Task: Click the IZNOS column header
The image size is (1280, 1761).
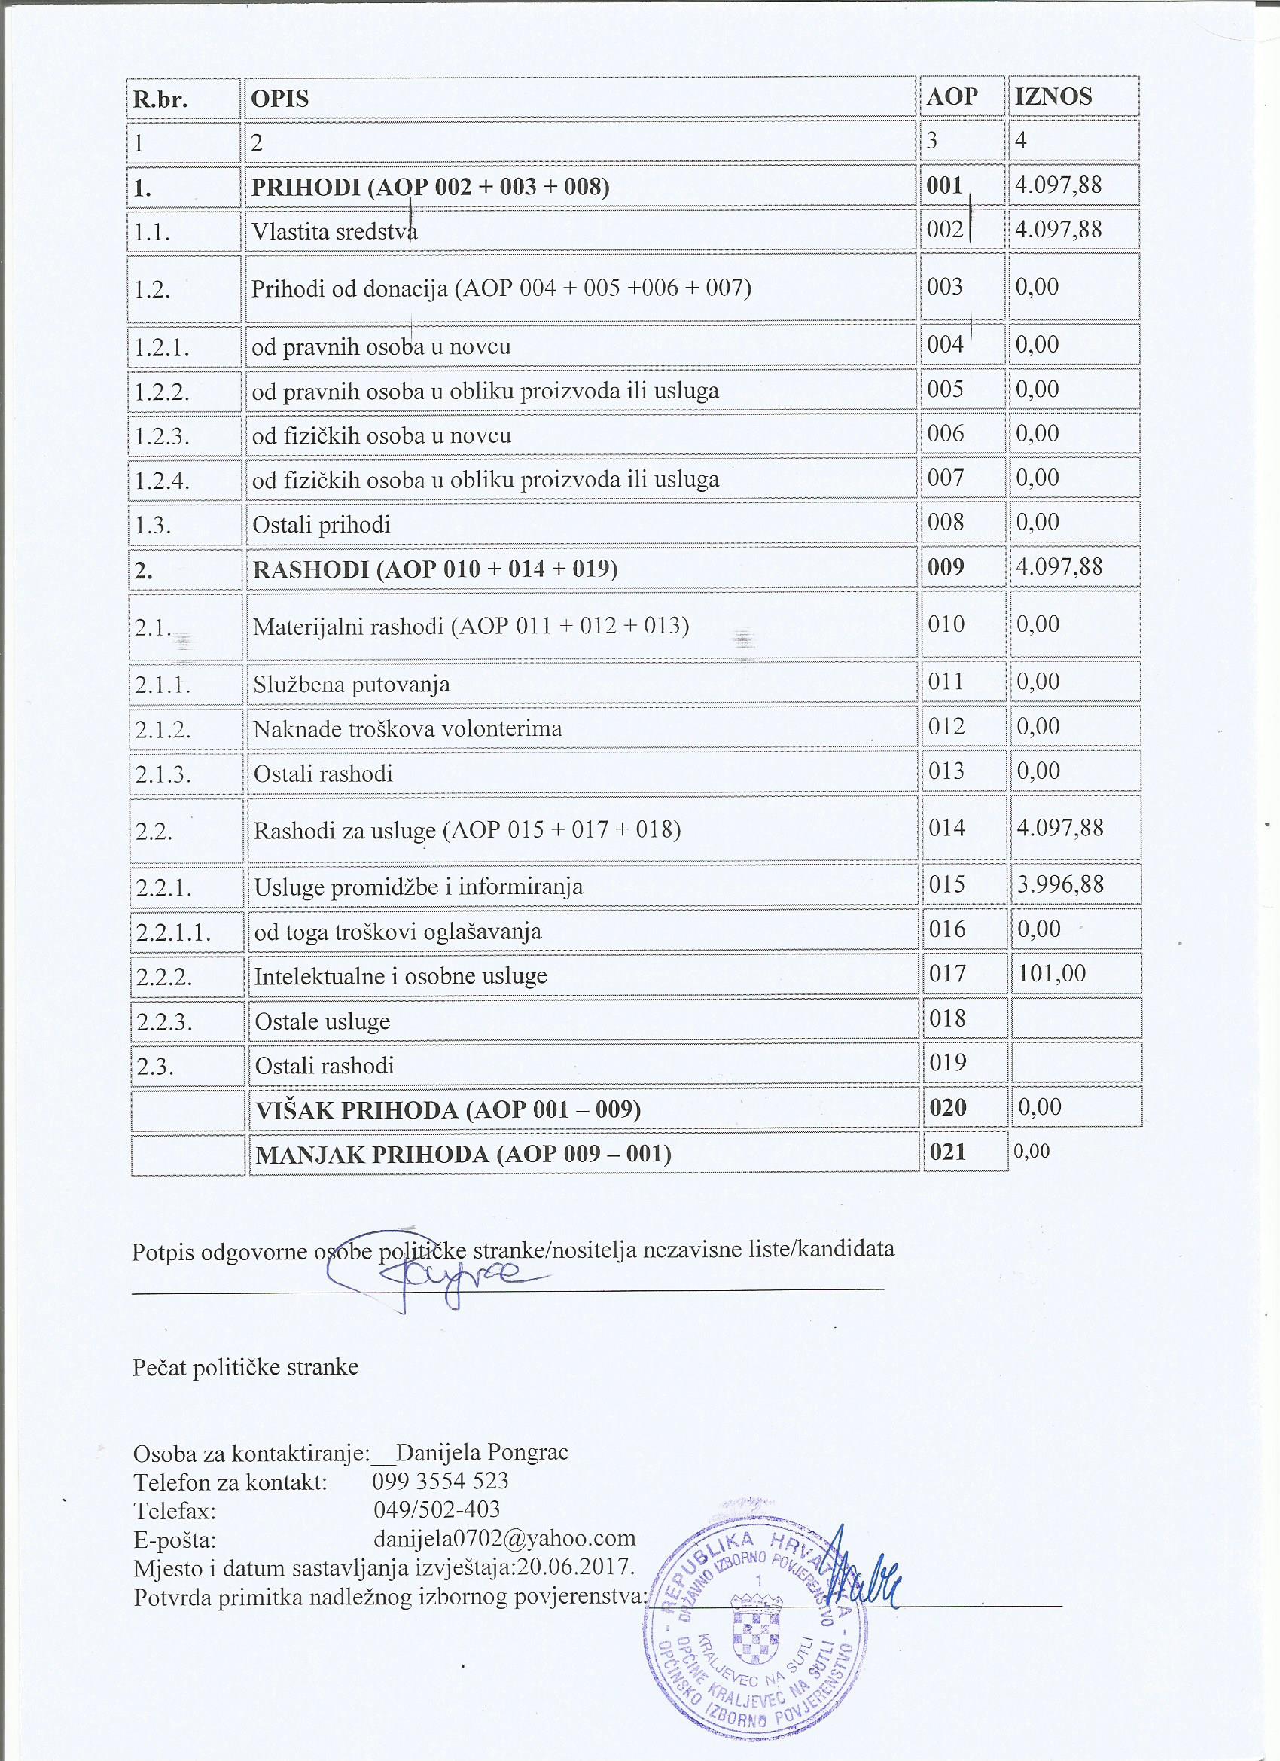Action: tap(1053, 97)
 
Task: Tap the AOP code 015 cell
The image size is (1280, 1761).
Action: tap(946, 884)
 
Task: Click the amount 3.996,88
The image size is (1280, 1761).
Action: tap(1059, 884)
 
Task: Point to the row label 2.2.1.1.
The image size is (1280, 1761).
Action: tap(173, 932)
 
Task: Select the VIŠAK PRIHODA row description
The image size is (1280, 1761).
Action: tap(448, 1109)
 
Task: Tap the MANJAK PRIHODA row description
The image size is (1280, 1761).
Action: tap(463, 1155)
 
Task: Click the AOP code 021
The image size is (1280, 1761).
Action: tap(948, 1152)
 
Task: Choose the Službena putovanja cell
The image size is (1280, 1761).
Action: tap(352, 685)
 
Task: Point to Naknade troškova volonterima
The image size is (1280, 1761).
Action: tap(407, 729)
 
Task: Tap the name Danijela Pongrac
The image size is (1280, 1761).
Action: tap(482, 1452)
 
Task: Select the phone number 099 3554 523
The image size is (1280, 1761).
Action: tap(440, 1481)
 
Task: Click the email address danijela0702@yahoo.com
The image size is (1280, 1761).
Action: tap(504, 1537)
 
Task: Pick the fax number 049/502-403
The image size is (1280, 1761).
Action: tap(436, 1509)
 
